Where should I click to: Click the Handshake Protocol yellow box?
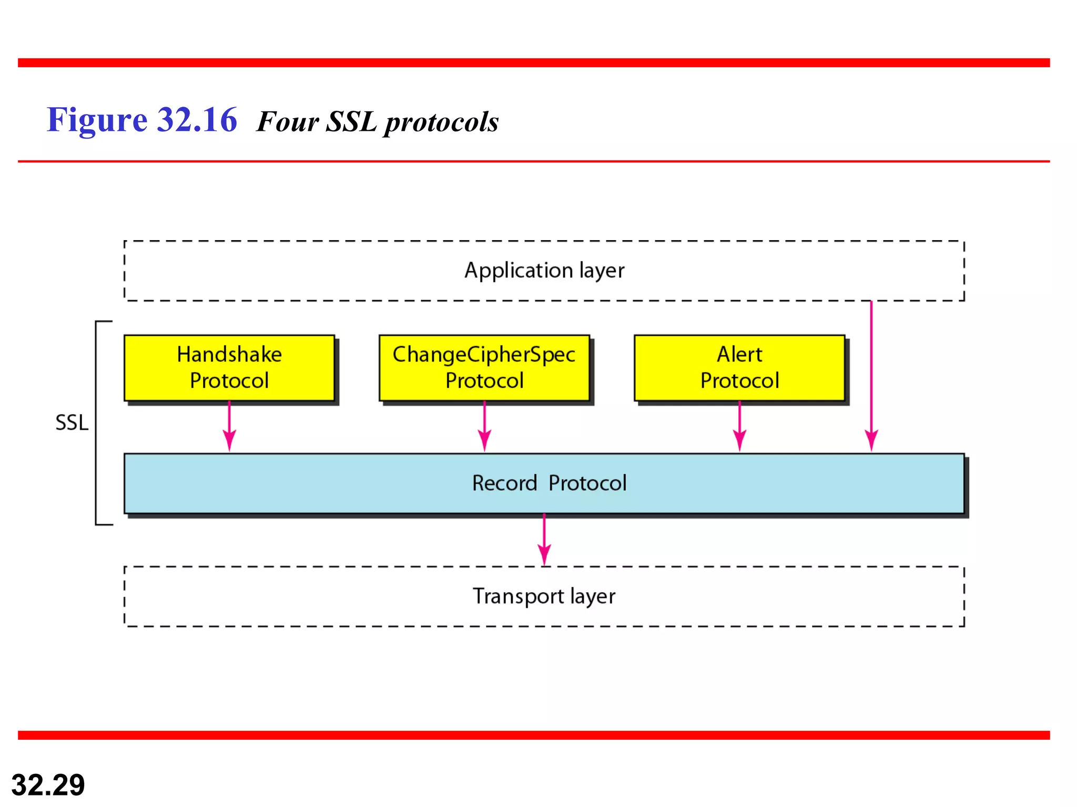click(x=229, y=368)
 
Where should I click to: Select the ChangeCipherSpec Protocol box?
click(x=484, y=368)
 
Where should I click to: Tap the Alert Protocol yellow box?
click(x=739, y=368)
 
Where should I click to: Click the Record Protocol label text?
click(x=549, y=483)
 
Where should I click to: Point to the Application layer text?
click(x=544, y=271)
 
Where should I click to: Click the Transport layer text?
click(x=544, y=596)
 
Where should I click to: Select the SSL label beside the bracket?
click(x=72, y=423)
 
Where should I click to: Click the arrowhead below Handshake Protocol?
click(x=229, y=440)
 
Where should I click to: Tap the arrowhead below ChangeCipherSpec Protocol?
click(x=484, y=440)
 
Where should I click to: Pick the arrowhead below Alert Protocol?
click(x=739, y=440)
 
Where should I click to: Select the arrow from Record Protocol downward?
click(x=544, y=541)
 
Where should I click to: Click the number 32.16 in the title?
click(x=197, y=120)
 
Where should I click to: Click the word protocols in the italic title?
click(x=441, y=123)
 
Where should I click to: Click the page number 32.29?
click(x=48, y=785)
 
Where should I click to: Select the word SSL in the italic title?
click(x=351, y=122)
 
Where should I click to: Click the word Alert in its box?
click(x=739, y=355)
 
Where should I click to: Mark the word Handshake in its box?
click(x=229, y=355)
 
